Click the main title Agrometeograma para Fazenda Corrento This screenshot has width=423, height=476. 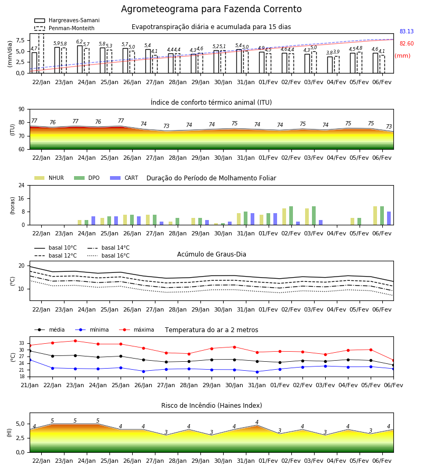211,9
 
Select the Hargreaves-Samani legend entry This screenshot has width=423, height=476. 67,20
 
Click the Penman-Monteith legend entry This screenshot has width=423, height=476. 65,28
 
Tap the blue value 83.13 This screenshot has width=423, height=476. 407,31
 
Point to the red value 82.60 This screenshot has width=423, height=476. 407,43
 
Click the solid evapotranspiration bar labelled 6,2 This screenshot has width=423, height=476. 80,59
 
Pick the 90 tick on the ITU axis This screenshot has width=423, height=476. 22,109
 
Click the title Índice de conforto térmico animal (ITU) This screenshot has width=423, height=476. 211,102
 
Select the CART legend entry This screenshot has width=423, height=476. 124,178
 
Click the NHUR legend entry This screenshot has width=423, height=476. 49,178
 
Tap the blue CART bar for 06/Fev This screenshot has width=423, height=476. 389,218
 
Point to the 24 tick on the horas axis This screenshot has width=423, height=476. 22,186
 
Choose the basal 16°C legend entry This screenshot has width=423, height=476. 108,255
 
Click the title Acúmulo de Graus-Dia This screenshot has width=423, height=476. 212,254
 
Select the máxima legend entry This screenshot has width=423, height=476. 136,329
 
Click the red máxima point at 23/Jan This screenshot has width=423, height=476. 75,341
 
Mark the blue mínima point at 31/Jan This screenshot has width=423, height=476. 258,372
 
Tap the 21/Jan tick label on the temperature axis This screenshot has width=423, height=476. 30,385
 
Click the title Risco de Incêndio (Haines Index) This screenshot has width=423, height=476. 212,406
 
